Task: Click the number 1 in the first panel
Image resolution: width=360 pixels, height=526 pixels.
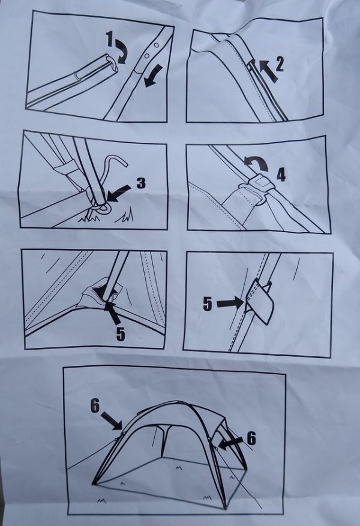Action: click(x=109, y=38)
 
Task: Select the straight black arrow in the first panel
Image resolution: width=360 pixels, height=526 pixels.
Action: click(x=152, y=76)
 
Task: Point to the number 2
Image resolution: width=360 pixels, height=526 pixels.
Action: click(x=279, y=64)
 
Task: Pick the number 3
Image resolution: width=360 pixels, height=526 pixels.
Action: click(x=141, y=183)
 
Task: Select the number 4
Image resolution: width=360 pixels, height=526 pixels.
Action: click(x=281, y=175)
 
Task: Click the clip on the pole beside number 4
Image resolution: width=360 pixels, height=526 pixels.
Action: click(x=257, y=185)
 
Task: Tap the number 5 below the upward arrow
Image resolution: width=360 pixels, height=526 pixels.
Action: click(x=121, y=334)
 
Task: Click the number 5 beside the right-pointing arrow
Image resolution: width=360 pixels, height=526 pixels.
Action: click(x=208, y=304)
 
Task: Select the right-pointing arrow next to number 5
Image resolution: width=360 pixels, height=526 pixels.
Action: click(x=230, y=303)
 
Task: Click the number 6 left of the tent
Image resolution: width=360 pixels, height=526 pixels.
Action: click(x=95, y=407)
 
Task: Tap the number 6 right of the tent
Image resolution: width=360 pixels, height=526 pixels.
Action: click(x=251, y=438)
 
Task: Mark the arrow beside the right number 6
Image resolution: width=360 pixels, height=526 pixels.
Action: click(x=231, y=443)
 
